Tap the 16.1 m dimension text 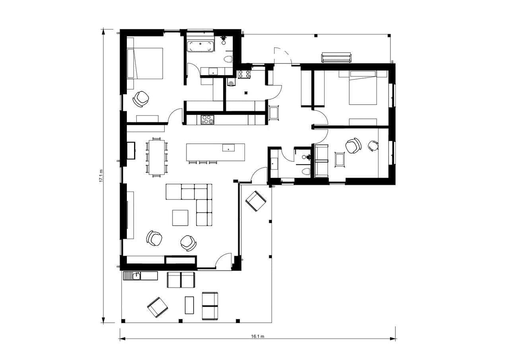(x=258, y=336)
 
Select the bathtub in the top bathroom (x=200, y=46)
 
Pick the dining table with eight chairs (x=157, y=157)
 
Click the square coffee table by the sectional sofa (x=180, y=217)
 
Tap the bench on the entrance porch (x=336, y=58)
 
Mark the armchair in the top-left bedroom (x=141, y=99)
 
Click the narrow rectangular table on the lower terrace (x=189, y=305)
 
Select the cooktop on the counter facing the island (x=207, y=120)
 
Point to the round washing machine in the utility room (x=231, y=83)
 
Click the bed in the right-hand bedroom (x=363, y=88)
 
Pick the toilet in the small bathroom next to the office (x=306, y=172)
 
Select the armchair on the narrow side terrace (x=255, y=201)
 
